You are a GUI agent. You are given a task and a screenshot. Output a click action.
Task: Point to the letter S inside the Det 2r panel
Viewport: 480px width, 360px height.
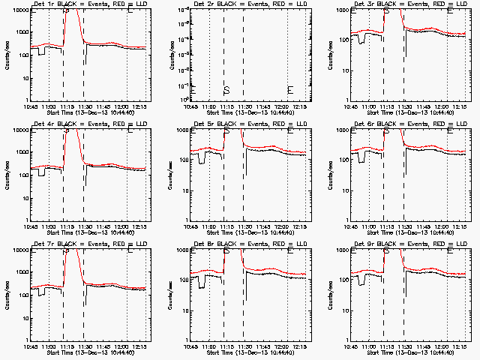pyautogui.click(x=226, y=90)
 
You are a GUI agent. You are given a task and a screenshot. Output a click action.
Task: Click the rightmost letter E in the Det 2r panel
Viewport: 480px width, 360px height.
pyautogui.click(x=290, y=90)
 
